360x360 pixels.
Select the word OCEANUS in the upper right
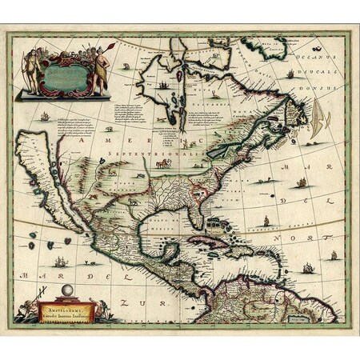[286, 58]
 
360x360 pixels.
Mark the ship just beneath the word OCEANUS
[290, 74]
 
